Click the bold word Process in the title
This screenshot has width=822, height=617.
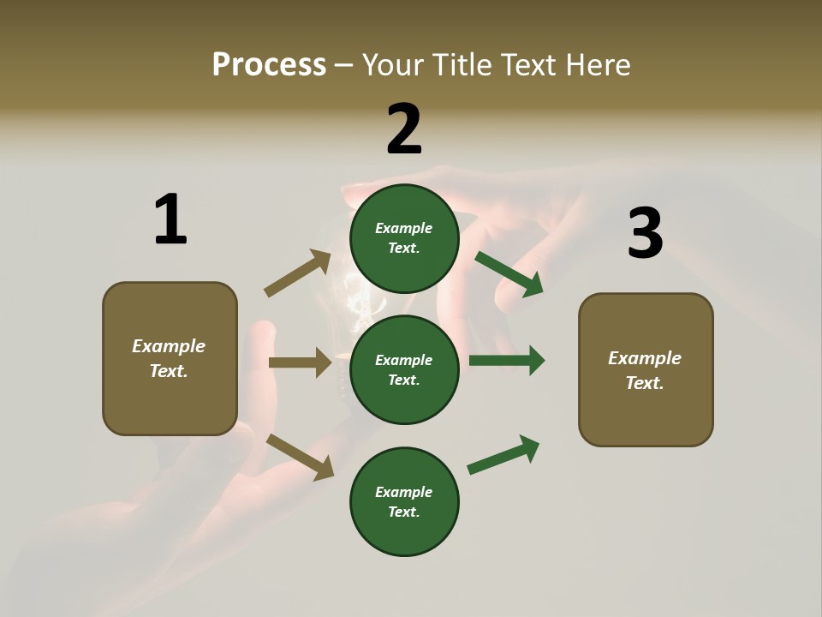269,65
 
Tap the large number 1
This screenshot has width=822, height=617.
170,219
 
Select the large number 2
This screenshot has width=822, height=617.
404,129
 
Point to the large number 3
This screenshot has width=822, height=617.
645,233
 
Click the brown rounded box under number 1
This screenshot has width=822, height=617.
170,358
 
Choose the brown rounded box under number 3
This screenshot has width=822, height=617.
646,369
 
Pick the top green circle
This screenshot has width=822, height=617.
404,238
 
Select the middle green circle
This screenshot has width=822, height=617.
404,369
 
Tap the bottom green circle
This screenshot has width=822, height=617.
404,501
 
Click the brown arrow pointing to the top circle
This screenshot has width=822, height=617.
298,273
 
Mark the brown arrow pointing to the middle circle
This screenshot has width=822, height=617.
300,362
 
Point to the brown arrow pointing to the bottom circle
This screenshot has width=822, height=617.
300,457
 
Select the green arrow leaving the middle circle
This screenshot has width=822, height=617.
507,360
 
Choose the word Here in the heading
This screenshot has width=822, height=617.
599,65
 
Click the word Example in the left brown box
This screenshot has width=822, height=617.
169,346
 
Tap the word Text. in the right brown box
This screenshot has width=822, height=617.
645,383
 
